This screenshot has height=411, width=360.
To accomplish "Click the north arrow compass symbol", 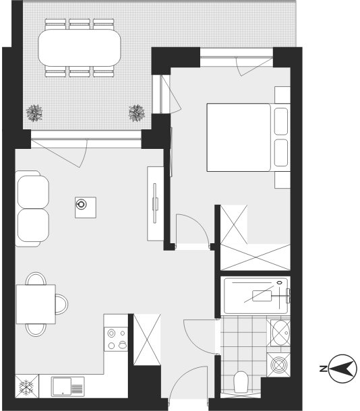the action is (342, 369).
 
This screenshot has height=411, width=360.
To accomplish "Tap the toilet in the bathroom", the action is (241, 381).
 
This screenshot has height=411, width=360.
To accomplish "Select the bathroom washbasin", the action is (280, 333).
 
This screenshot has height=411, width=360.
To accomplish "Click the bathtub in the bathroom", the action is (256, 296).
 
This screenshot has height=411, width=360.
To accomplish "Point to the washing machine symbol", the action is (278, 365).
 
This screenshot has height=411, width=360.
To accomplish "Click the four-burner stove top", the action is (116, 339).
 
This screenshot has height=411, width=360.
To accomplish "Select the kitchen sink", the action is (67, 386).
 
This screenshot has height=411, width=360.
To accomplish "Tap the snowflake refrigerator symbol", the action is (27, 386).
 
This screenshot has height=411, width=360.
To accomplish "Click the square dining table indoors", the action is (36, 304).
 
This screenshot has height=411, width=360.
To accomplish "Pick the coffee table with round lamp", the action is (86, 208).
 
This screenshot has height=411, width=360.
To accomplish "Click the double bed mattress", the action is (239, 137).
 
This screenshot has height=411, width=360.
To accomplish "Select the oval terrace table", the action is (80, 48).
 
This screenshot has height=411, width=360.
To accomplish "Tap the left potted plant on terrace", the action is (34, 113).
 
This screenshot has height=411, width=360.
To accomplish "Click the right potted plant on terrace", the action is (137, 113).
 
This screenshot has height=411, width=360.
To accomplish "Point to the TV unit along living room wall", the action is (155, 203).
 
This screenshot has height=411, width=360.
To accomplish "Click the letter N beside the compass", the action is (324, 369).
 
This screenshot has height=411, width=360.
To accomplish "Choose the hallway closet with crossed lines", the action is (147, 340).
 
